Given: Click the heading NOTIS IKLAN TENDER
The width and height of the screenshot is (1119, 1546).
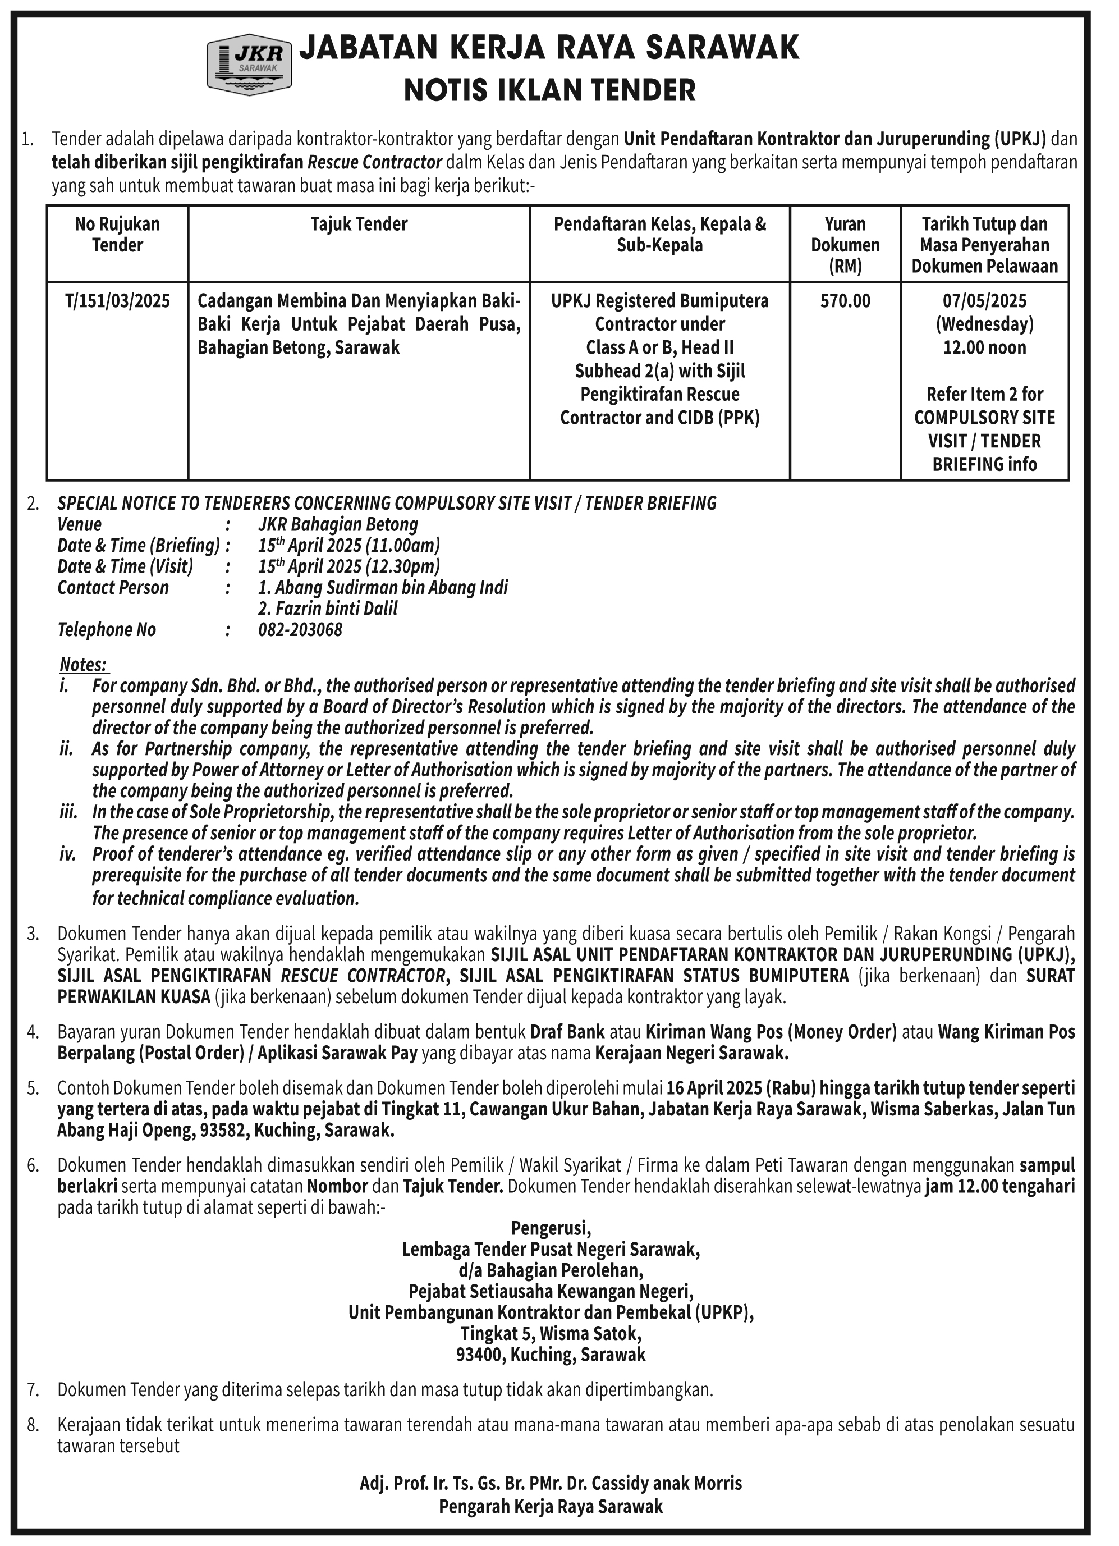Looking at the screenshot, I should tap(549, 90).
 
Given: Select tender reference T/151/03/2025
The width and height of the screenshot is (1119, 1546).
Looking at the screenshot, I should tap(117, 301).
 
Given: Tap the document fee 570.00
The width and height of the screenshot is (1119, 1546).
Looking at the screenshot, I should tap(845, 301).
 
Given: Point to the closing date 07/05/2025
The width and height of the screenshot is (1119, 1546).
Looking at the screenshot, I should tap(984, 301).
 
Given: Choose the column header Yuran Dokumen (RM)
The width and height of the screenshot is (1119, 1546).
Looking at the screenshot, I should tap(845, 245).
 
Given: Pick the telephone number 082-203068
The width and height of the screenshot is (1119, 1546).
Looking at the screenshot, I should tap(300, 629).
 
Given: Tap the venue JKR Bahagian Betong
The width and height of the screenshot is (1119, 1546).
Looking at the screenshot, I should tap(338, 524).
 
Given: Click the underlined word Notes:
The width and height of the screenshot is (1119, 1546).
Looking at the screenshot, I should tap(84, 664).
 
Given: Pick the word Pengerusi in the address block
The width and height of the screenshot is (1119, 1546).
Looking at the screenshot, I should tap(551, 1228).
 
